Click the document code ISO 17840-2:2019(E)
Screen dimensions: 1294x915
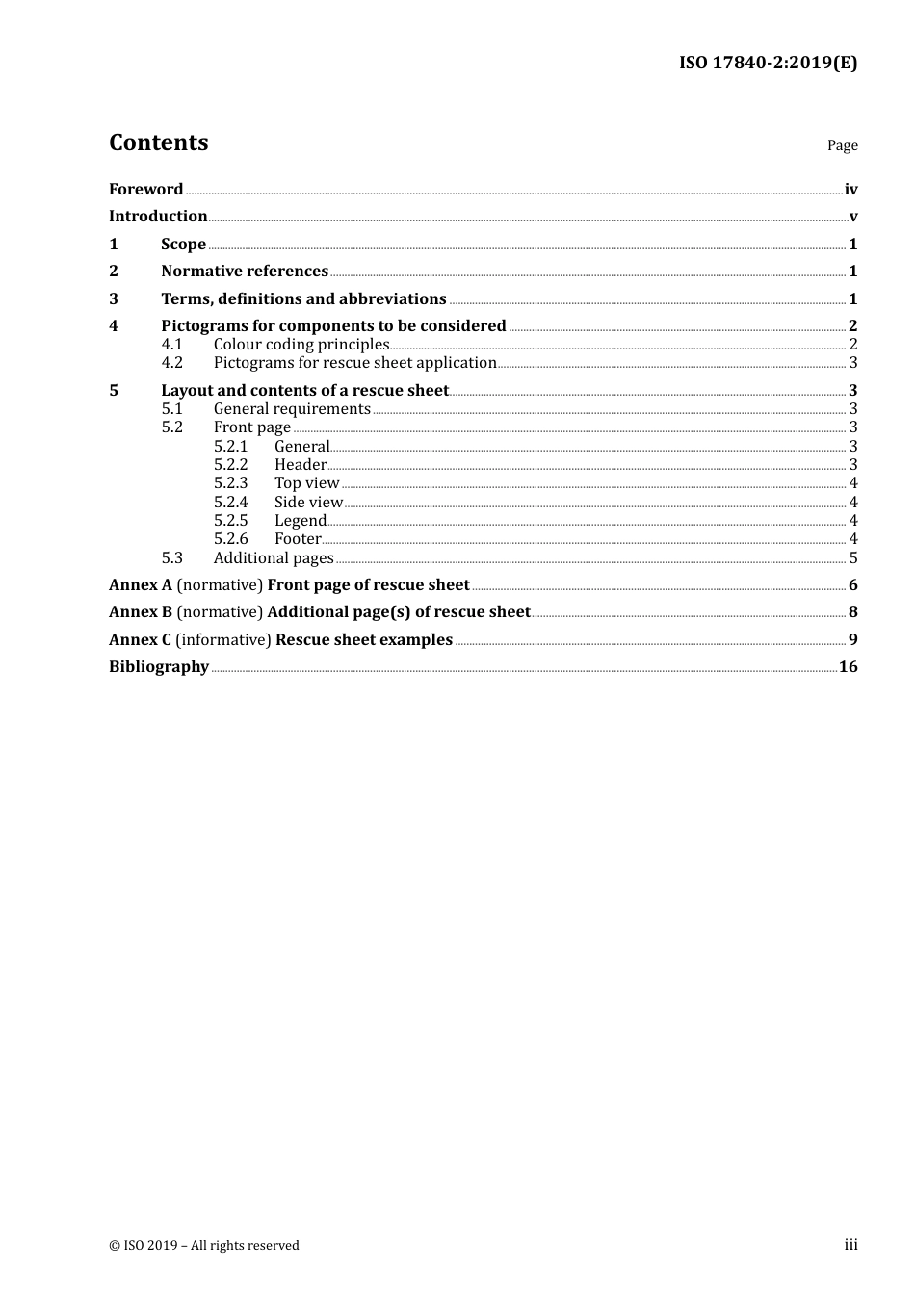pos(768,63)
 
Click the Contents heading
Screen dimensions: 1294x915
pos(158,142)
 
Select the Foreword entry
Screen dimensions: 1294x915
pos(145,189)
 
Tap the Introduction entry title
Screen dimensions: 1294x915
pos(158,216)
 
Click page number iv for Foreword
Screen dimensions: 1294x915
pos(850,189)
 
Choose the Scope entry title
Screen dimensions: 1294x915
pos(183,244)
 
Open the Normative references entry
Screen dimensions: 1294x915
pos(245,271)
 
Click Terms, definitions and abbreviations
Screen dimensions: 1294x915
pos(303,298)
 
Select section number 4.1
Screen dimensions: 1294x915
pos(171,344)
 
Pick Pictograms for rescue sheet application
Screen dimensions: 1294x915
pos(354,362)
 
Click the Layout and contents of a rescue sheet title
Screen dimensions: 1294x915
pos(304,390)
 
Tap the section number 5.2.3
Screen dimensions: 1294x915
pos(230,482)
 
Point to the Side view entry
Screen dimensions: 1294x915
pos(308,502)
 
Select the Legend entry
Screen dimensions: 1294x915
pos(300,520)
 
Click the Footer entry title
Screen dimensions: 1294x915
pos(298,538)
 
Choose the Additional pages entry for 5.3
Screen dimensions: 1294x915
pos(274,557)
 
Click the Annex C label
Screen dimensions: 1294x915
pos(140,639)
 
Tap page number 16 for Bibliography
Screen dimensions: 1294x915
pos(848,666)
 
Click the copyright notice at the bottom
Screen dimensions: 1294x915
pos(204,1245)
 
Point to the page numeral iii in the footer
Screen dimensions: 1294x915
pos(850,1244)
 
